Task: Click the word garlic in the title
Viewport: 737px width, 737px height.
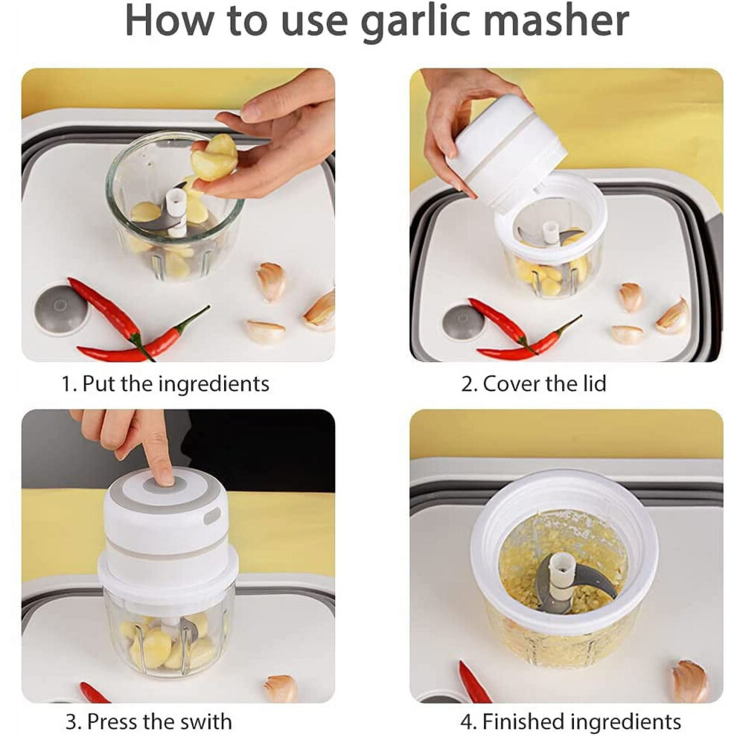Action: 416,22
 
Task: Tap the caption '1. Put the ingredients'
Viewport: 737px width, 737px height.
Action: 165,384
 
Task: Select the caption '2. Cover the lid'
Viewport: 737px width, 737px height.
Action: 534,383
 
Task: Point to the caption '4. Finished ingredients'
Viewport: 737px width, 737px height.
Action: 570,721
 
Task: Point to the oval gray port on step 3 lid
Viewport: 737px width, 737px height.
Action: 212,516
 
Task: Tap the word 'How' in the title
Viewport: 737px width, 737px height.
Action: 170,20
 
